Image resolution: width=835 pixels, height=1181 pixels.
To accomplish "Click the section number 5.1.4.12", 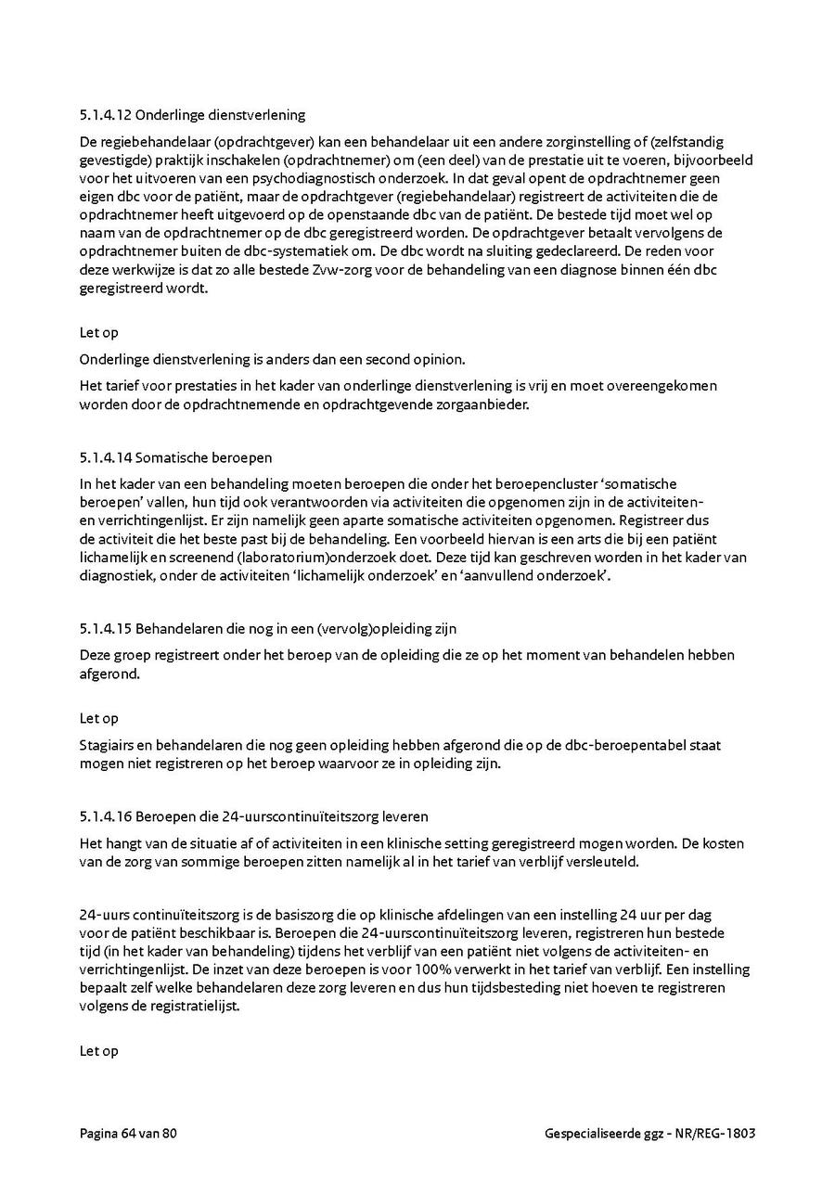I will [x=106, y=116].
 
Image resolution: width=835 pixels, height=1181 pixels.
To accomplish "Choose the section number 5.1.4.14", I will [x=106, y=457].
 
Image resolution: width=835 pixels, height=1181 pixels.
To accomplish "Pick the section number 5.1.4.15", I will [x=106, y=629].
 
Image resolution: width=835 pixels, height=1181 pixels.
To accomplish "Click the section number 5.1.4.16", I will [x=106, y=817].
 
